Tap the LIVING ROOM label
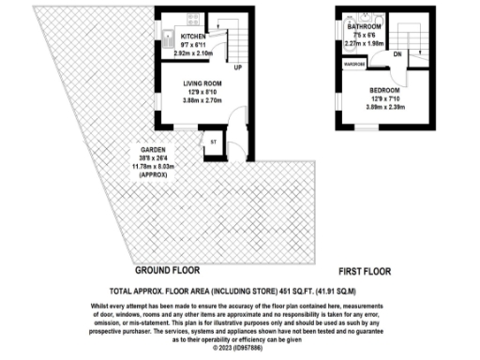click(x=202, y=83)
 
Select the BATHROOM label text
click(x=357, y=27)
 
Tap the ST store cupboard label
click(x=213, y=142)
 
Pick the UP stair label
click(x=239, y=68)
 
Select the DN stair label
click(x=397, y=53)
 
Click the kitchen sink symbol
click(x=164, y=38)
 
